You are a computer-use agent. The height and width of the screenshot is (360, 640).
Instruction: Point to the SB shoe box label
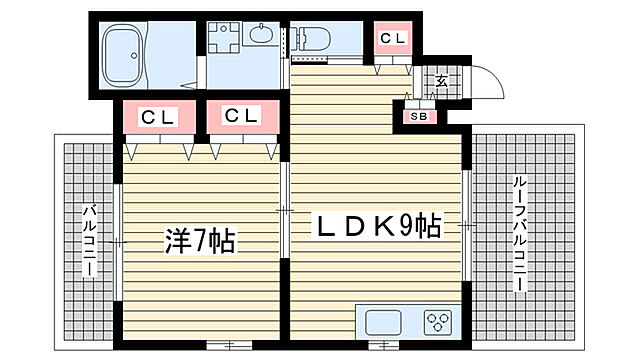point(418,116)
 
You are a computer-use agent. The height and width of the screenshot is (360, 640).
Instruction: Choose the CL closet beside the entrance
point(392,39)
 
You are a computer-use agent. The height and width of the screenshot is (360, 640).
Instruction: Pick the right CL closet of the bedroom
point(241,117)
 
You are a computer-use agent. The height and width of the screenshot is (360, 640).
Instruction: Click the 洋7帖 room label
point(199,241)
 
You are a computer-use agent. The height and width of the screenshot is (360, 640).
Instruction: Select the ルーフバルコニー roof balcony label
point(520,234)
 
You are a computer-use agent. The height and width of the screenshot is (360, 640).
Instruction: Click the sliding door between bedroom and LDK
point(285,212)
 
